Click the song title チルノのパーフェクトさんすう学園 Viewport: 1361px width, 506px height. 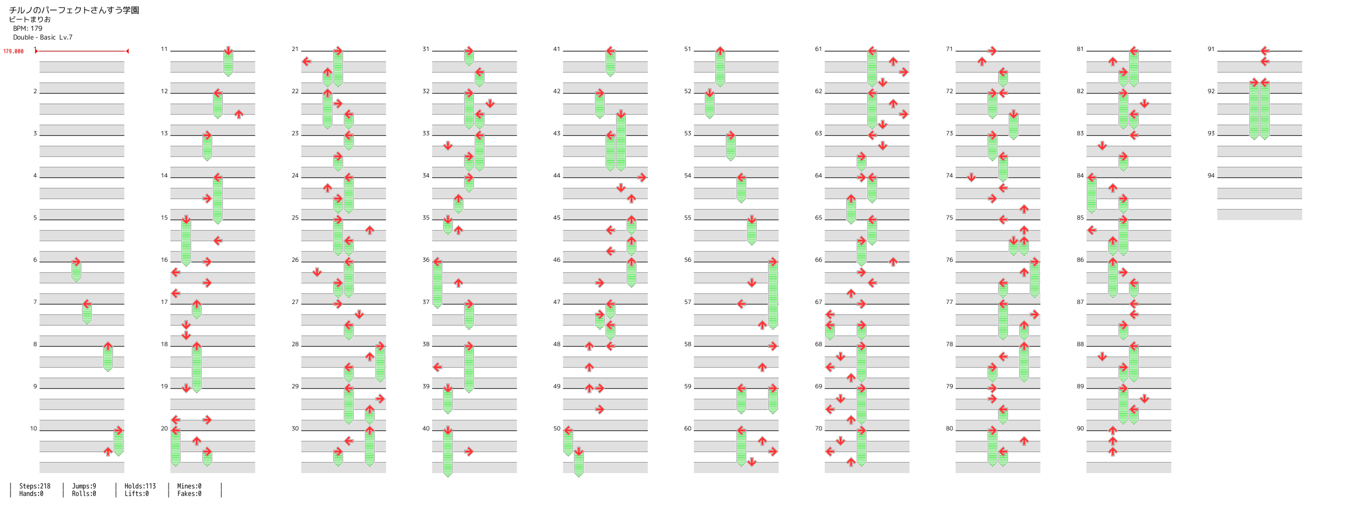pyautogui.click(x=74, y=10)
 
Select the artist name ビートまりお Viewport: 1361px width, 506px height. pyautogui.click(x=30, y=20)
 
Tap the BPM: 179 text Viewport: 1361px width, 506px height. pyautogui.click(x=28, y=29)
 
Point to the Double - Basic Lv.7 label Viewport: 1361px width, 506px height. pyautogui.click(x=43, y=37)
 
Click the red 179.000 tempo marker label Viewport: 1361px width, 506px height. pyautogui.click(x=13, y=51)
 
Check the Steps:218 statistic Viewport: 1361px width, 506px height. pyautogui.click(x=35, y=486)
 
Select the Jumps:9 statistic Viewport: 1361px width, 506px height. pyautogui.click(x=84, y=486)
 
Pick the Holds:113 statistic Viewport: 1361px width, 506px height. pyautogui.click(x=140, y=486)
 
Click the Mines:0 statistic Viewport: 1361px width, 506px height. pyautogui.click(x=189, y=486)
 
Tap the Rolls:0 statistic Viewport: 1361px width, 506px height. pyautogui.click(x=84, y=494)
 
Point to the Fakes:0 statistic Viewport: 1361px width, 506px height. pyautogui.click(x=189, y=494)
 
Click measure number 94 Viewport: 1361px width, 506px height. pyautogui.click(x=1211, y=175)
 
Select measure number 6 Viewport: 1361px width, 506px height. pyautogui.click(x=36, y=259)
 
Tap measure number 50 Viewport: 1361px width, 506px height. pyautogui.click(x=557, y=428)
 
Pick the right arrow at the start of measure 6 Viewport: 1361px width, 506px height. pyautogui.click(x=77, y=262)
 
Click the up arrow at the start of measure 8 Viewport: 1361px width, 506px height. pyautogui.click(x=108, y=346)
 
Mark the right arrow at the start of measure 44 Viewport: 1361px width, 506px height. pyautogui.click(x=642, y=177)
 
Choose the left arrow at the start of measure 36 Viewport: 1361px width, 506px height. pyautogui.click(x=438, y=262)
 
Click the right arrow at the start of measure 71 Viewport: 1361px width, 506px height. pyautogui.click(x=992, y=51)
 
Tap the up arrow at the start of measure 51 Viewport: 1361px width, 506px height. pyautogui.click(x=720, y=51)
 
